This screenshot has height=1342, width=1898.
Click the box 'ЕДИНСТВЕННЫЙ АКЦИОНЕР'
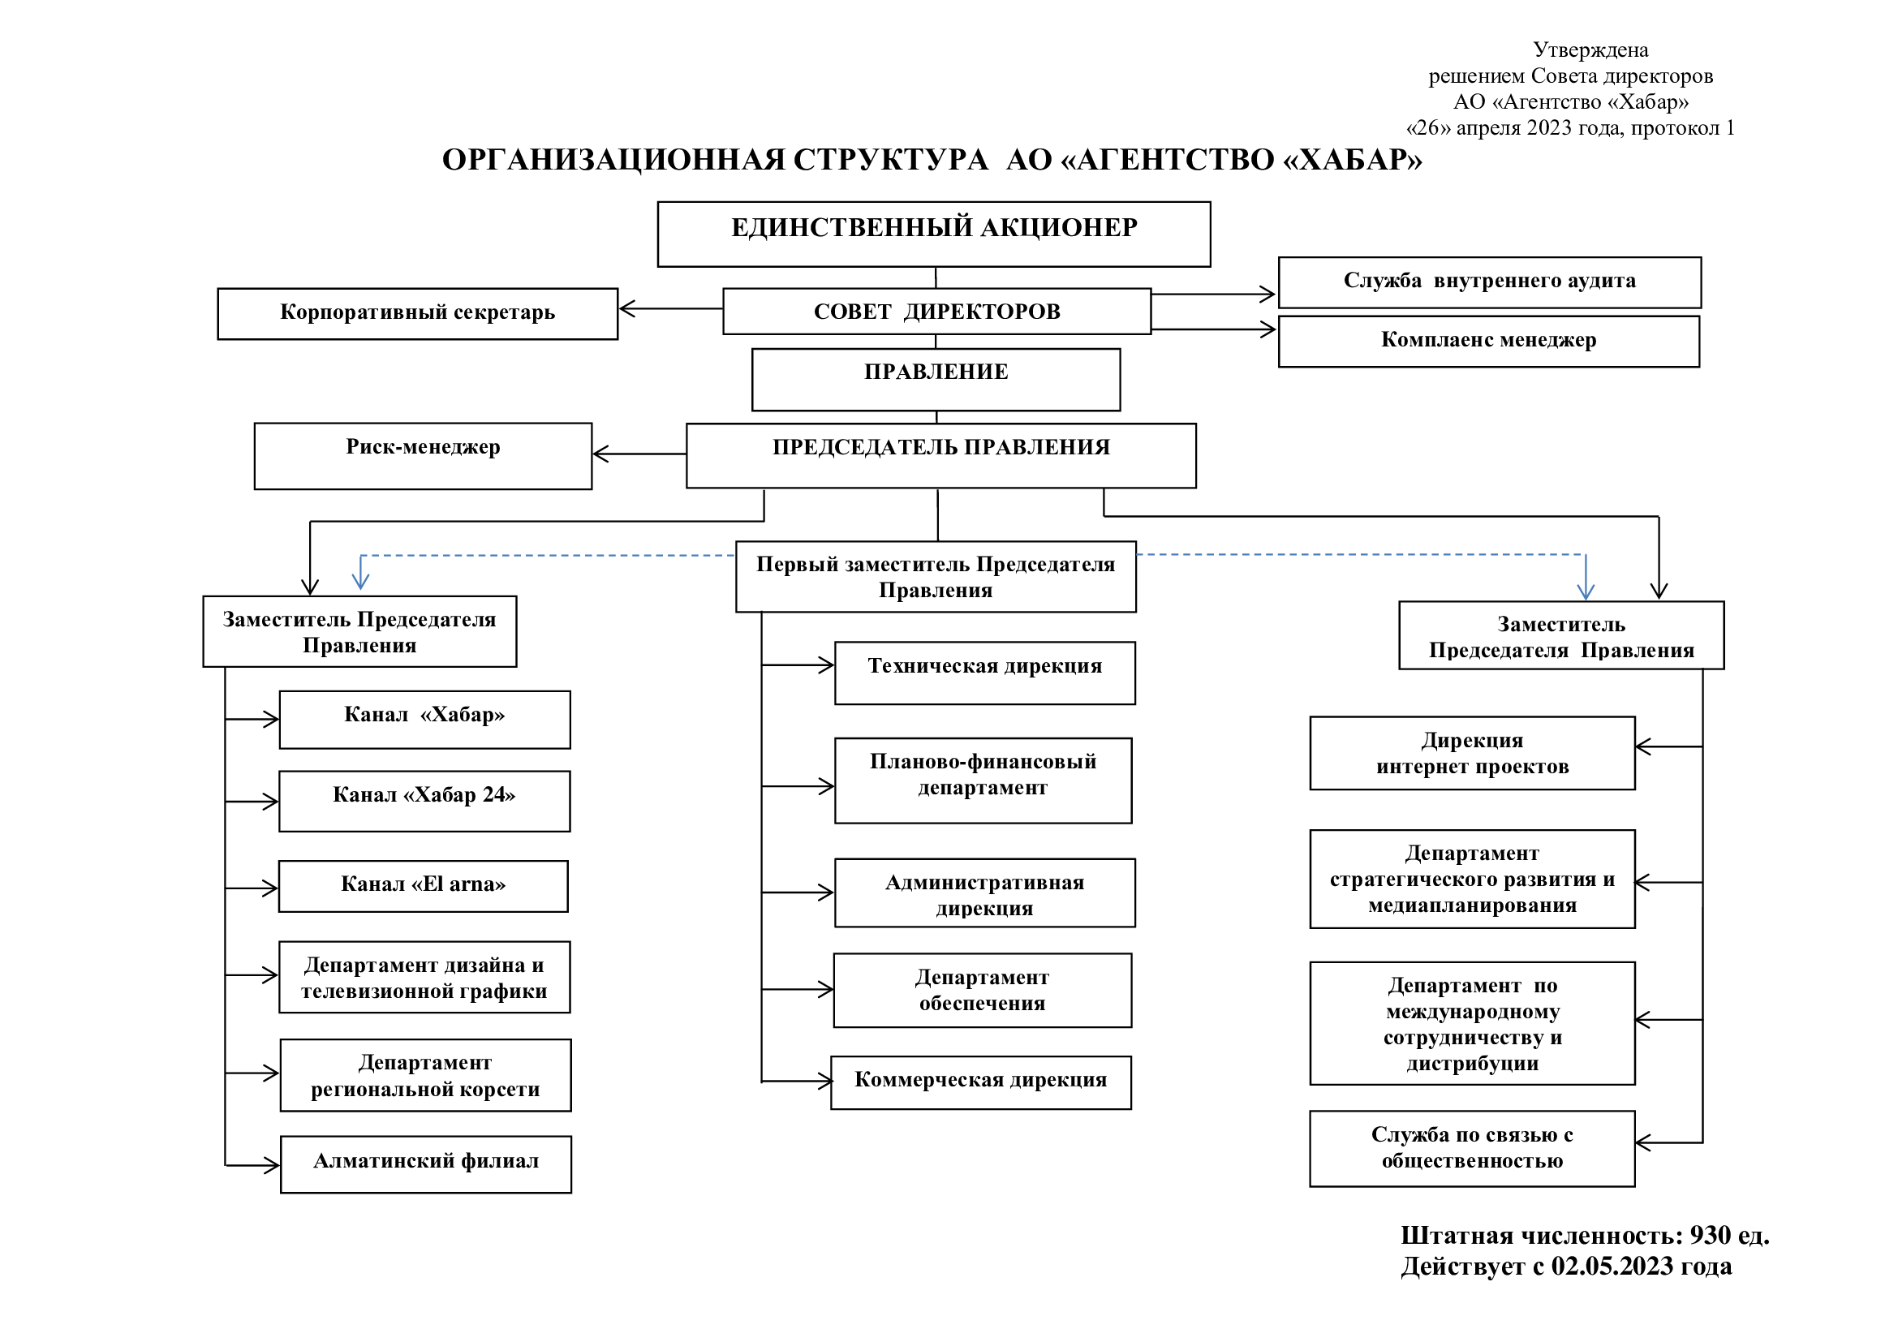tap(934, 234)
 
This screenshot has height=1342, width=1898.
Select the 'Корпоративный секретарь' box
tap(417, 313)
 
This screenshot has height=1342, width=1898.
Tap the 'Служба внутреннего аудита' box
tap(1490, 282)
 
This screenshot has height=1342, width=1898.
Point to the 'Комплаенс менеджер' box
tap(1489, 342)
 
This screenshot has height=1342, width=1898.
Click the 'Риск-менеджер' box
tap(424, 456)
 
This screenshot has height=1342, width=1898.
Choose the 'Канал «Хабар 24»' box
tap(424, 801)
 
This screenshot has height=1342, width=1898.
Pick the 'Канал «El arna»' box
tap(424, 886)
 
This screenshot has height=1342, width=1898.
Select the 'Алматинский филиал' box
tap(426, 1164)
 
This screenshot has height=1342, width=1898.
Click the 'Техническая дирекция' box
tap(984, 673)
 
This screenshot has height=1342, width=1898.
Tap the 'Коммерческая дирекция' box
tap(980, 1082)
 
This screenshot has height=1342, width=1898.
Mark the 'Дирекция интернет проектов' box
tap(1472, 753)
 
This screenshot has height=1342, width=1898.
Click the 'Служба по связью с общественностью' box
tap(1472, 1149)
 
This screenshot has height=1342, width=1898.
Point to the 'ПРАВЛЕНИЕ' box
tap(936, 379)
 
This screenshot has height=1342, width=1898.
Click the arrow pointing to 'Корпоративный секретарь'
tap(670, 308)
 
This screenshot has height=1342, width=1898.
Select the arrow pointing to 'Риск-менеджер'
tap(639, 454)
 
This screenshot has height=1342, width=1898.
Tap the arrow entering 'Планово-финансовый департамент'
tap(798, 786)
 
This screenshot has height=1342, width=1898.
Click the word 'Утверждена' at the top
tap(1590, 50)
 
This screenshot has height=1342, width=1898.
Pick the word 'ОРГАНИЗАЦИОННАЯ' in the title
tap(614, 160)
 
